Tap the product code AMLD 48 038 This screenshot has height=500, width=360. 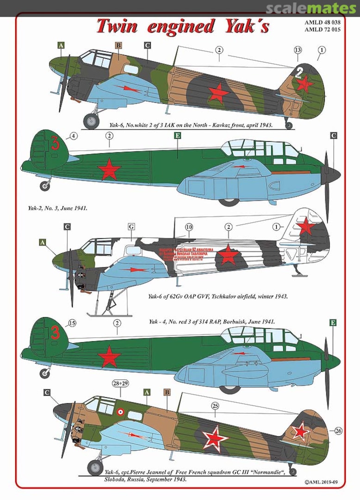330,22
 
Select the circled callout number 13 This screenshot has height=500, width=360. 298,50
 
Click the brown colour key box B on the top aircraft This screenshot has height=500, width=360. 118,45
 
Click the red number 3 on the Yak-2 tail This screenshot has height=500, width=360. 56,144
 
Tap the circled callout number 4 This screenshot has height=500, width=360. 74,136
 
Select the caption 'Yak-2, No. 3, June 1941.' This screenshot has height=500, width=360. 57,208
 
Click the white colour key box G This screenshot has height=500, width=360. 131,227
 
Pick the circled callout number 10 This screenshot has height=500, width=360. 188,227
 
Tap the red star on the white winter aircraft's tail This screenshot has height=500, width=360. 306,227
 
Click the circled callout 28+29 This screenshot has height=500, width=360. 121,383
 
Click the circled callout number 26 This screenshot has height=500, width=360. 338,431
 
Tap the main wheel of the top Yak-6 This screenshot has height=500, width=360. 91,121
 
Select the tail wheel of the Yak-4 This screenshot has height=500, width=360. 45,373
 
